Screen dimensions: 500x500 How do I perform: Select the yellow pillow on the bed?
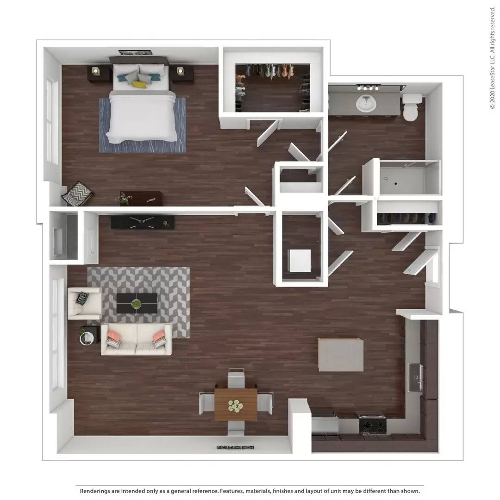coord(139,85)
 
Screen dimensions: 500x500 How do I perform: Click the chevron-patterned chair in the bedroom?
coord(77,194)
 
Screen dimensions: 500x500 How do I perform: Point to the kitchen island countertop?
coord(340,355)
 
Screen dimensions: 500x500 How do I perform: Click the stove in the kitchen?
coord(373,424)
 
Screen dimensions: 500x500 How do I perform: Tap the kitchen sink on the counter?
coord(415,377)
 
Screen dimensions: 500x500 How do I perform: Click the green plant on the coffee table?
coord(136,304)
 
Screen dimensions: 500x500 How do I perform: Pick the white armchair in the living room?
coord(85,303)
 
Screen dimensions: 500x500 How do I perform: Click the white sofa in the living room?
coord(136,339)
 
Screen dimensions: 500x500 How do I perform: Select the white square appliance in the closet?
coord(300,261)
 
